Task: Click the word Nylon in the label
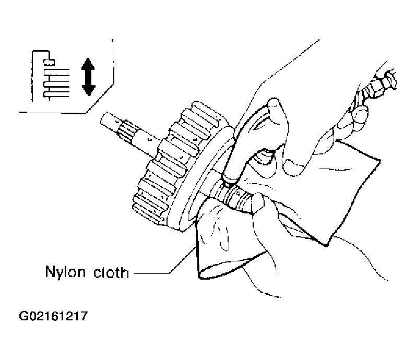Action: (x=65, y=272)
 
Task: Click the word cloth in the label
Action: (x=111, y=272)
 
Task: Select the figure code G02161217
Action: (x=53, y=316)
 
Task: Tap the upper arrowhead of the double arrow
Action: (x=88, y=64)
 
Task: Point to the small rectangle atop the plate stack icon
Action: (x=49, y=62)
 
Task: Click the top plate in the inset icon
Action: (x=56, y=72)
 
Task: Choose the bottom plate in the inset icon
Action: (x=56, y=94)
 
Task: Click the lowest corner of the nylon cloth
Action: (x=199, y=278)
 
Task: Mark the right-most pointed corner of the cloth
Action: (x=379, y=160)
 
